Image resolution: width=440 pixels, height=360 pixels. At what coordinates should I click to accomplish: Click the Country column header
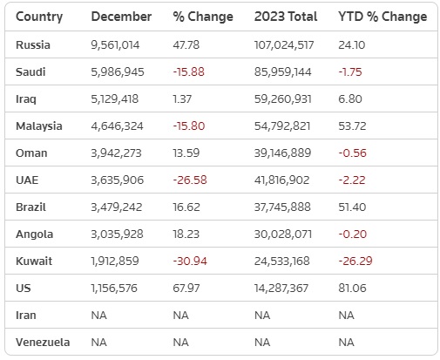pyautogui.click(x=39, y=17)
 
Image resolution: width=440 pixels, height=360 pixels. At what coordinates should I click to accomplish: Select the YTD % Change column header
pyautogui.click(x=382, y=17)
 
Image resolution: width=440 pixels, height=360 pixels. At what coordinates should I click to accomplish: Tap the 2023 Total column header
pyautogui.click(x=286, y=17)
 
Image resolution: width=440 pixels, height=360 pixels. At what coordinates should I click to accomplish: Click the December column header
pyautogui.click(x=121, y=17)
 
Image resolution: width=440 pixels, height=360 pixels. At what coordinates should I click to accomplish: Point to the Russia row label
pyautogui.click(x=33, y=45)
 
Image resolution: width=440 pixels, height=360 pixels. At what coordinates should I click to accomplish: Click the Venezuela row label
pyautogui.click(x=43, y=343)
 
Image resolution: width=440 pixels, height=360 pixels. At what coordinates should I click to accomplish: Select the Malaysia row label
pyautogui.click(x=39, y=126)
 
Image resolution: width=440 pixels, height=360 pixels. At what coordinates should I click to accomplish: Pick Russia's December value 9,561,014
pyautogui.click(x=115, y=45)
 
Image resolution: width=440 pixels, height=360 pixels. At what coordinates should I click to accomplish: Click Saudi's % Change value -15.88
pyautogui.click(x=189, y=71)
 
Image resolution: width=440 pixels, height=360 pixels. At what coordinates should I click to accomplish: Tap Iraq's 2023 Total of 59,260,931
pyautogui.click(x=283, y=99)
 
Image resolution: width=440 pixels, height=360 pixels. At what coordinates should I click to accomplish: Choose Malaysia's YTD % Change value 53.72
pyautogui.click(x=352, y=126)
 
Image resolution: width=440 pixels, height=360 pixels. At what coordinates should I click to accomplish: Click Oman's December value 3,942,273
pyautogui.click(x=116, y=153)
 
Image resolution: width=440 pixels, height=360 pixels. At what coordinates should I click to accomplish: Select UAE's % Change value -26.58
pyautogui.click(x=190, y=180)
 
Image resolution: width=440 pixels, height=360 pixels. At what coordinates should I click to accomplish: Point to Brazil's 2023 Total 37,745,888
pyautogui.click(x=282, y=207)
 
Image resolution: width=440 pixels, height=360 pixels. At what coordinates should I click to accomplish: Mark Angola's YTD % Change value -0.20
pyautogui.click(x=353, y=234)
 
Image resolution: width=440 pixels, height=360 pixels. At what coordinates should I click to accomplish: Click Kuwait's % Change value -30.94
pyautogui.click(x=190, y=262)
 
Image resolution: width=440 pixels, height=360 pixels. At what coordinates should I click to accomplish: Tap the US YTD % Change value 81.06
pyautogui.click(x=352, y=289)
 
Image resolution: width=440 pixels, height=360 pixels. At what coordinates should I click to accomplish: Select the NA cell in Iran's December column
pyautogui.click(x=98, y=316)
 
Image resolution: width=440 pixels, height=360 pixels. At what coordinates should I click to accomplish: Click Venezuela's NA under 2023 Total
pyautogui.click(x=262, y=343)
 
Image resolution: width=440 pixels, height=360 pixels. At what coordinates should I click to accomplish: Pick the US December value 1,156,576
pyautogui.click(x=114, y=289)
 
